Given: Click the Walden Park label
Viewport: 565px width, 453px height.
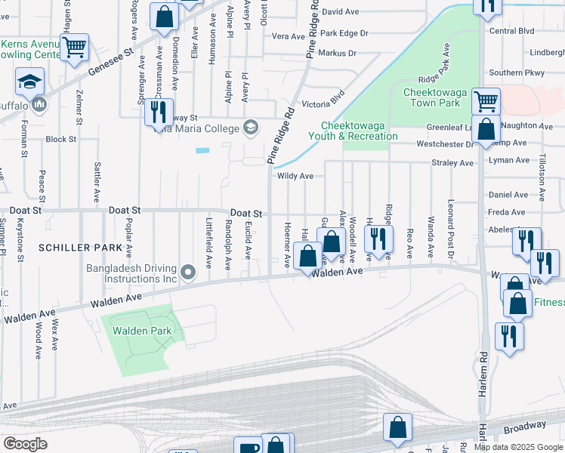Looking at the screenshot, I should [142, 331].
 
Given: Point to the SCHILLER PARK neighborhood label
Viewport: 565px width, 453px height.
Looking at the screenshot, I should [79, 248].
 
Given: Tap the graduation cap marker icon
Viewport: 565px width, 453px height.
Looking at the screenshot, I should [30, 82].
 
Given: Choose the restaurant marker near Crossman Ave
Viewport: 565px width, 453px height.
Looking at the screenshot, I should [159, 112].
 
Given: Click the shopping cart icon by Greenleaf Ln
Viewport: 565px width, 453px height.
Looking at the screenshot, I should [485, 100].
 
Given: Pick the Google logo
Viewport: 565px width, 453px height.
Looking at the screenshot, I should [25, 444].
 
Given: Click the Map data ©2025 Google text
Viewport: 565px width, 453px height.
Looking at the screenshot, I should [518, 447].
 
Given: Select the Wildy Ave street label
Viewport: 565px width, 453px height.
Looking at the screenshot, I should [295, 176].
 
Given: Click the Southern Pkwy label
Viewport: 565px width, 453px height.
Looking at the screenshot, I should [516, 72].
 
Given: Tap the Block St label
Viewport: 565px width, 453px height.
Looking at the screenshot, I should [60, 140].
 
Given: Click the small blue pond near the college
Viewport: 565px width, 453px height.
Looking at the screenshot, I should [202, 150].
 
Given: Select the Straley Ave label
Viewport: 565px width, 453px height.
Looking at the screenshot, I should [452, 162].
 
